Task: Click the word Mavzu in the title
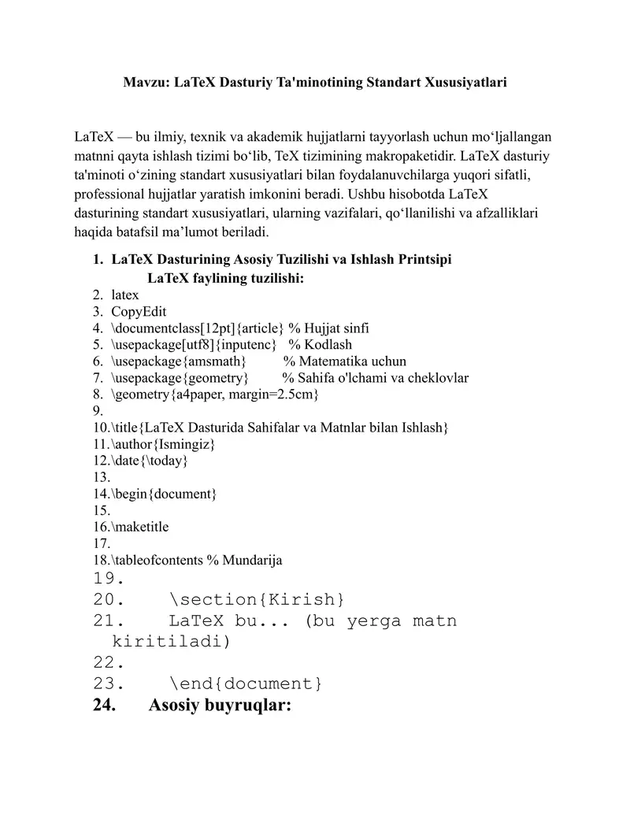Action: click(144, 82)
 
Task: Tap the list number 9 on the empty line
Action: click(98, 410)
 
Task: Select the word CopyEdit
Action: click(139, 311)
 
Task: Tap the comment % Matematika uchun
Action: click(345, 361)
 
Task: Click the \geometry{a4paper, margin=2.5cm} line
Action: click(215, 394)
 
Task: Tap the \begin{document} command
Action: click(165, 494)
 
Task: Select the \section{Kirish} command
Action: click(257, 600)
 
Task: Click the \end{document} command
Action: click(246, 683)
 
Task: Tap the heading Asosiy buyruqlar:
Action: click(220, 706)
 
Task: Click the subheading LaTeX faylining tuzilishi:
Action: click(225, 278)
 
